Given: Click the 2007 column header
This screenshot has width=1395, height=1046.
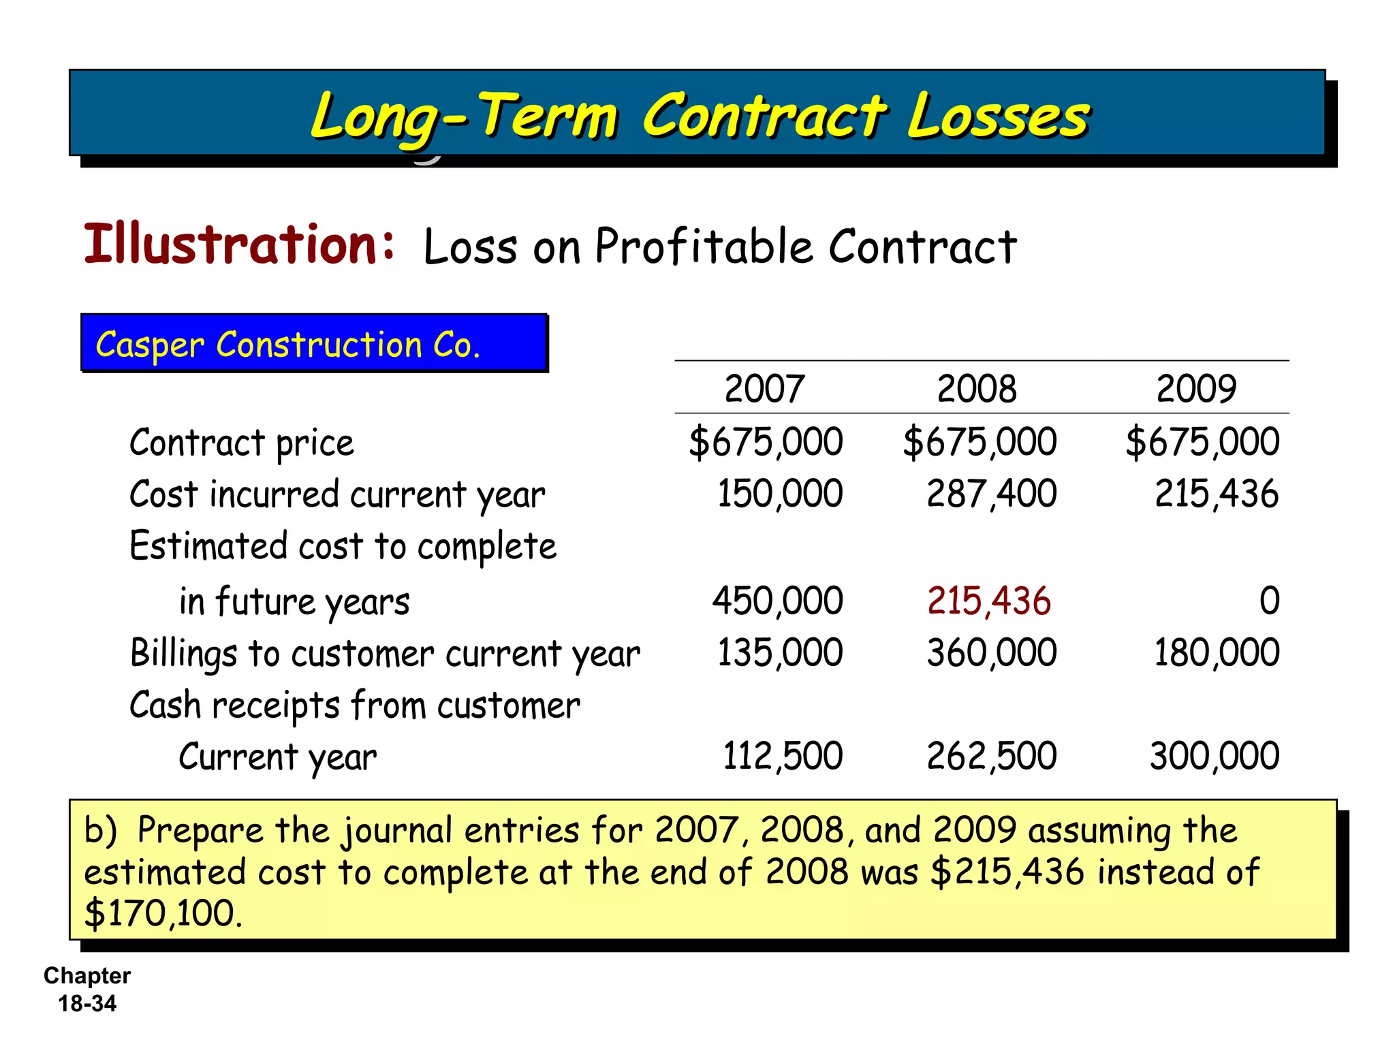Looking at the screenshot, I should click(x=764, y=389).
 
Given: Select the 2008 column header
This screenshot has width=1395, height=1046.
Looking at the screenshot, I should click(x=977, y=389).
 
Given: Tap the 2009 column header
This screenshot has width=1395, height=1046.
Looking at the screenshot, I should click(x=1196, y=389).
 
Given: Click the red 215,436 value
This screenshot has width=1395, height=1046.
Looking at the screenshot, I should click(x=989, y=601).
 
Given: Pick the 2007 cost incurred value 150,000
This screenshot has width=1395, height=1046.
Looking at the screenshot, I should click(x=780, y=494).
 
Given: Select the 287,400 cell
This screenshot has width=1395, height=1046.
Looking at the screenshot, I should click(x=992, y=494).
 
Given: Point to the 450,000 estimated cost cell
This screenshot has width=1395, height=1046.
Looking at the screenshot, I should click(x=778, y=601).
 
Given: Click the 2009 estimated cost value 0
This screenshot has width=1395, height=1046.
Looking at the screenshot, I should click(x=1269, y=601).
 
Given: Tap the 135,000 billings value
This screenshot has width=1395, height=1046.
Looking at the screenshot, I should click(x=780, y=653).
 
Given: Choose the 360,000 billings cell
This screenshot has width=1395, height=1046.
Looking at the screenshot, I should click(x=992, y=653).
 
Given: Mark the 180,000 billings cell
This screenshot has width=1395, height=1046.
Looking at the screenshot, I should click(x=1217, y=653).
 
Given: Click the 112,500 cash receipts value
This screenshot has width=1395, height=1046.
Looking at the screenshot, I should click(x=783, y=757).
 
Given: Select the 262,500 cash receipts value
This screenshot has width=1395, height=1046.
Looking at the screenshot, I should click(x=992, y=757).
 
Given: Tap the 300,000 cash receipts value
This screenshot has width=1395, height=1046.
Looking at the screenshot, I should click(x=1214, y=757).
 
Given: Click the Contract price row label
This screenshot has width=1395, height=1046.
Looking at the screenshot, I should click(x=242, y=443).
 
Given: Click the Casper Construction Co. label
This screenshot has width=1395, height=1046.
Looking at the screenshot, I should click(x=288, y=345).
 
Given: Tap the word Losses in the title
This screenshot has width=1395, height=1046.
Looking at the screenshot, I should click(x=999, y=116).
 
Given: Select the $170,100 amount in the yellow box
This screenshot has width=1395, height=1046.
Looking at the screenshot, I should click(x=163, y=913).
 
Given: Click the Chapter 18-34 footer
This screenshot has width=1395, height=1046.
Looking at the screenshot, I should click(x=87, y=989).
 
